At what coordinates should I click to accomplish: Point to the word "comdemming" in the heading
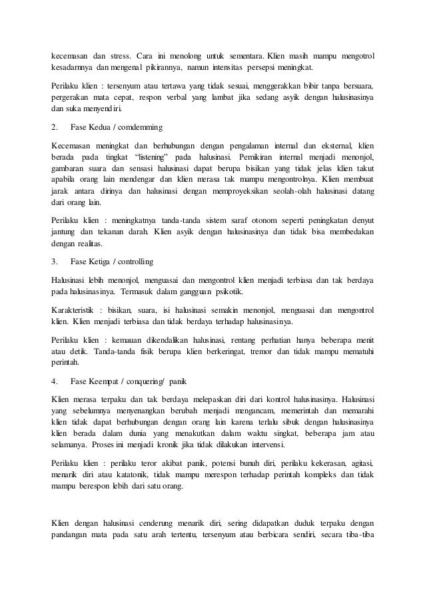[142, 126]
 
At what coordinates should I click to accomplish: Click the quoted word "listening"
[157, 157]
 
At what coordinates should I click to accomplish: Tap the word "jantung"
[65, 232]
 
